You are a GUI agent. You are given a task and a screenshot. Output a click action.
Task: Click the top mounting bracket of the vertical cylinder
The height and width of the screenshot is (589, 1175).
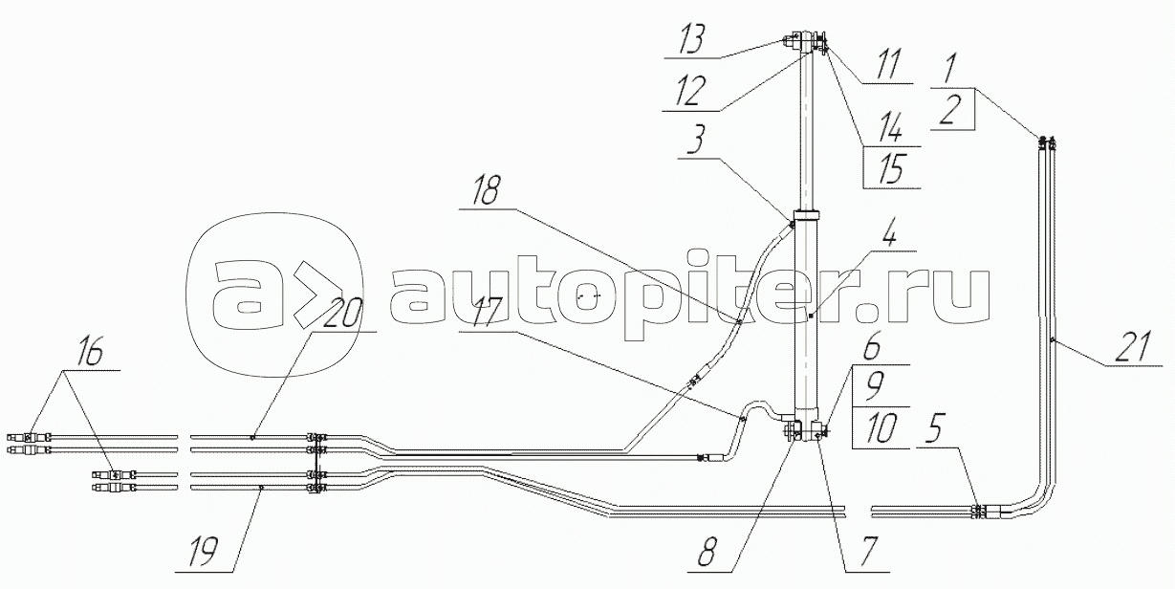click(809, 42)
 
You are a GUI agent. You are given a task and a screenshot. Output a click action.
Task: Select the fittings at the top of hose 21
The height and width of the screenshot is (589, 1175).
click(1047, 143)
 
